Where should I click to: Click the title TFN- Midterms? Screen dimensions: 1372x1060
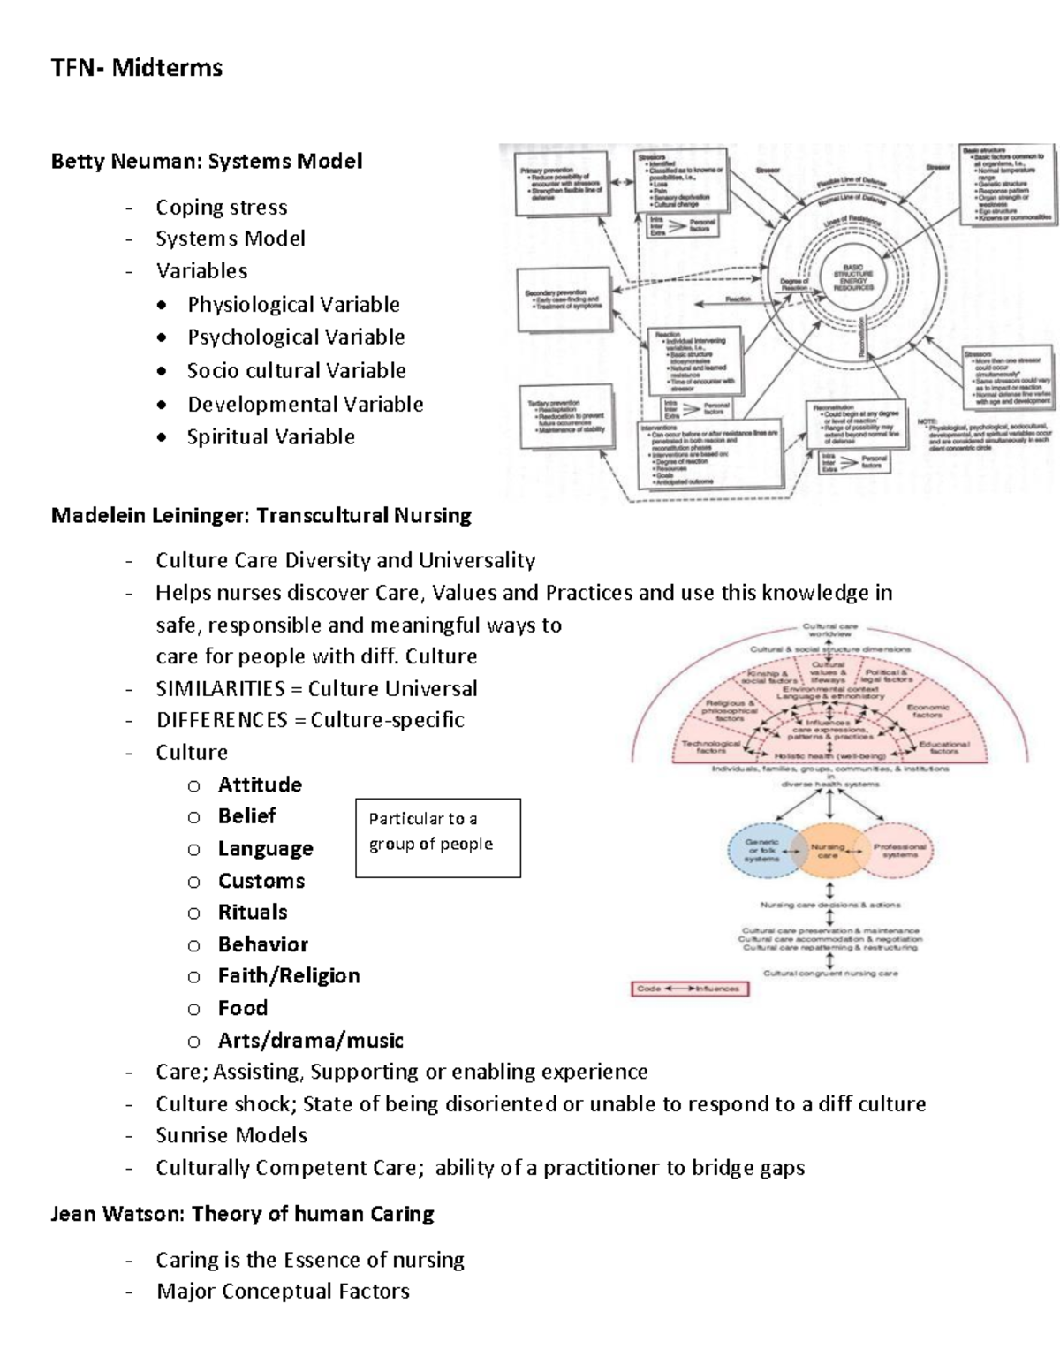[137, 68]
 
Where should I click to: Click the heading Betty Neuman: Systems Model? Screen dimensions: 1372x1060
[207, 162]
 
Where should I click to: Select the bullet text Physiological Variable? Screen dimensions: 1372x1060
[293, 305]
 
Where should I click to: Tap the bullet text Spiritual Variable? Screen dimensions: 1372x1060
[270, 437]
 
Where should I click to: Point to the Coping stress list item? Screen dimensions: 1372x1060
[221, 208]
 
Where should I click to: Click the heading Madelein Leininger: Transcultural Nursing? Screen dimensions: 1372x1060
[261, 515]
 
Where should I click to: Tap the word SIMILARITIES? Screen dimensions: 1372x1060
[220, 688]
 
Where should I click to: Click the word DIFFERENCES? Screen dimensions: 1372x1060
[222, 720]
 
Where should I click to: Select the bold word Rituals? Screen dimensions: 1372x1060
[253, 912]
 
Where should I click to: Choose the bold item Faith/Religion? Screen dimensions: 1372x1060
[289, 975]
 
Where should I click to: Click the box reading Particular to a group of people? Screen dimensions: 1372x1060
[437, 838]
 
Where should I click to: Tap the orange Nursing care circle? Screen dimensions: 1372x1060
[828, 851]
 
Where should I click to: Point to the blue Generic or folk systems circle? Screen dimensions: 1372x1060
[762, 851]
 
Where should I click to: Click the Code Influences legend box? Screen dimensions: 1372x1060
[689, 989]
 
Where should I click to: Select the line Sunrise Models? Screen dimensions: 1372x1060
[231, 1135]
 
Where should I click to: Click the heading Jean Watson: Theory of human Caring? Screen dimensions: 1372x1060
[243, 1214]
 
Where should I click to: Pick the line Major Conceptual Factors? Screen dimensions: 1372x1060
[283, 1292]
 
